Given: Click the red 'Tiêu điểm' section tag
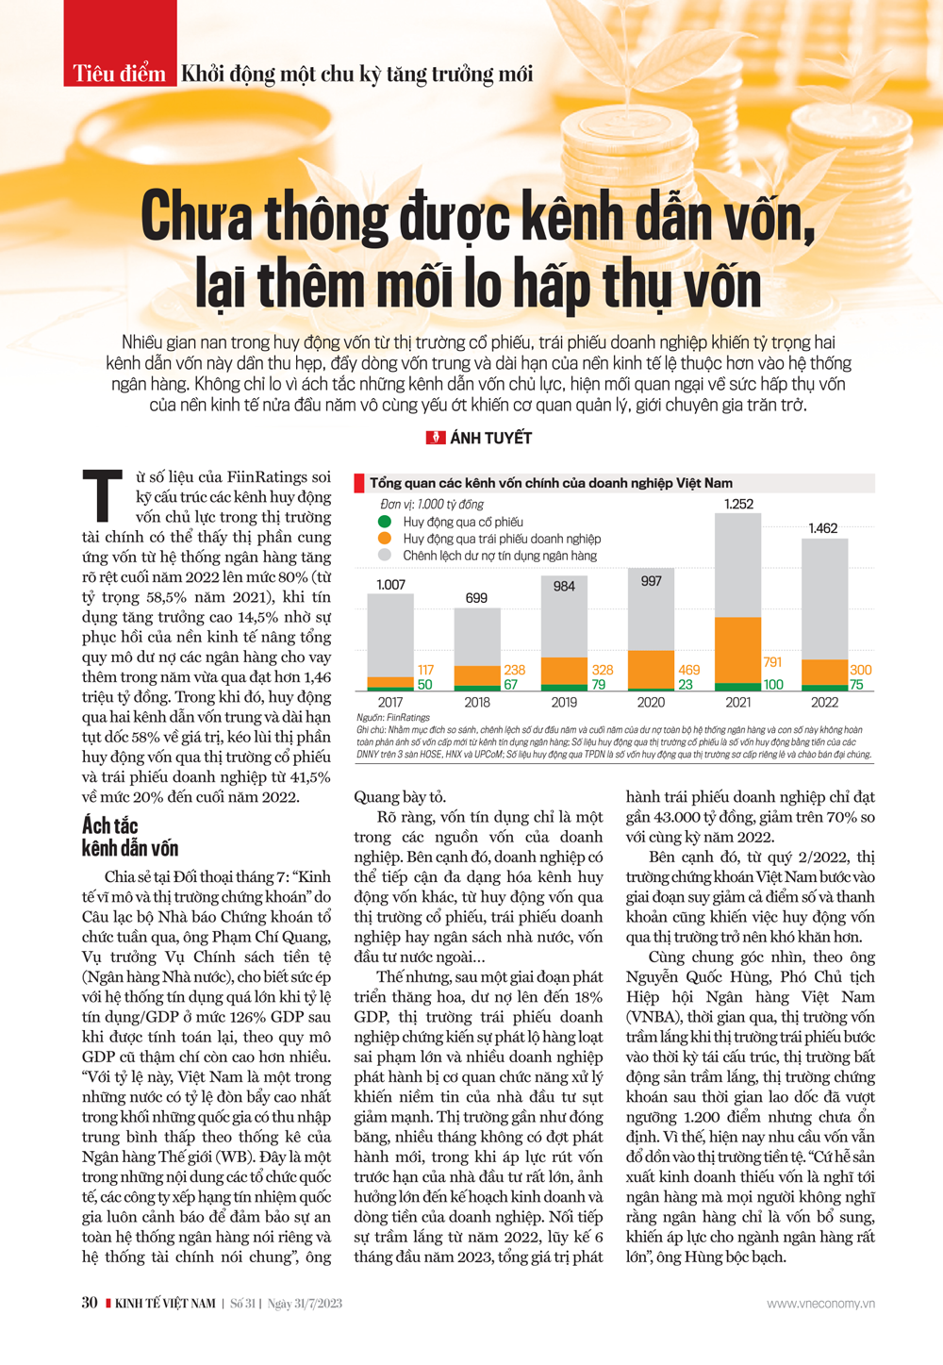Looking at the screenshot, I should [120, 74].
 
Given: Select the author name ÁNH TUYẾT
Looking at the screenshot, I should [490, 438].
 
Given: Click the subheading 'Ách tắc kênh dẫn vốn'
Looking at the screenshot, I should [130, 838].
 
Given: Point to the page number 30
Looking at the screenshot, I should [90, 1303].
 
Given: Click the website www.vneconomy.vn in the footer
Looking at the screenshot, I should [820, 1304].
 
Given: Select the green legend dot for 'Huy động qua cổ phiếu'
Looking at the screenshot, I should [385, 522].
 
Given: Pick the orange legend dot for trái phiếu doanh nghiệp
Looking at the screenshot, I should [385, 539].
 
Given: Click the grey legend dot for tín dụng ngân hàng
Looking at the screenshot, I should [385, 556].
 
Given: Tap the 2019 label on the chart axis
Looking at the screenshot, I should [564, 703].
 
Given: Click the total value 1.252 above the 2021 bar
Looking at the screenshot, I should [738, 504].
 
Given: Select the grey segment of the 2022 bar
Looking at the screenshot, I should [824, 598].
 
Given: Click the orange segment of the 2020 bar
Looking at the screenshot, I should [651, 670].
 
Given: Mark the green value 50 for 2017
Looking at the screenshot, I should [424, 685].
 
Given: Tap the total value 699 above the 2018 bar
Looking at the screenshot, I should [477, 598].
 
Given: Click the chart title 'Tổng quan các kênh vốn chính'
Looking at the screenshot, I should [551, 483].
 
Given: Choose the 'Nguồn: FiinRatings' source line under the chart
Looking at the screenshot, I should [393, 718].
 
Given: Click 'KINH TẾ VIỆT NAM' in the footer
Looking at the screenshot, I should [165, 1304].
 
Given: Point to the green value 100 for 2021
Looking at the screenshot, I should [773, 685].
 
